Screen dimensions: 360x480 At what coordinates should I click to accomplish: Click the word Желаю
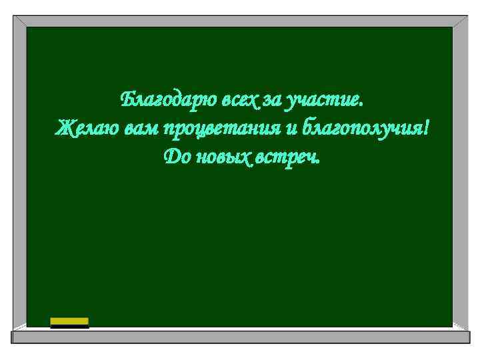click(x=87, y=128)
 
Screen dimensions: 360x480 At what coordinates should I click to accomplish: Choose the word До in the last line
click(x=176, y=157)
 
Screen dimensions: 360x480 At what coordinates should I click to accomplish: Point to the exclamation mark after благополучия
click(x=425, y=127)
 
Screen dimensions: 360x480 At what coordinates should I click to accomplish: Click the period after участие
click(x=361, y=105)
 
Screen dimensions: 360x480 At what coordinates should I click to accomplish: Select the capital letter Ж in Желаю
click(x=64, y=127)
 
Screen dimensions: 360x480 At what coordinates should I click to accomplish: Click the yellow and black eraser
click(x=69, y=323)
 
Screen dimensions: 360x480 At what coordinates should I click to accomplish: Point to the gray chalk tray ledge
click(x=240, y=337)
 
